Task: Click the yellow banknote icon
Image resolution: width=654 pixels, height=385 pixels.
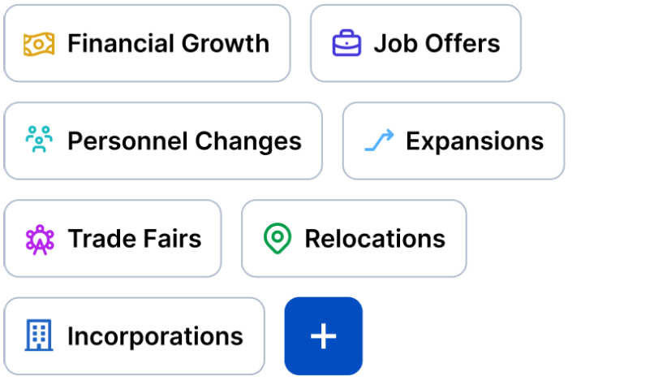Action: tap(38, 44)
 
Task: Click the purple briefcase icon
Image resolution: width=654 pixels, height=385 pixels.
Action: tap(346, 44)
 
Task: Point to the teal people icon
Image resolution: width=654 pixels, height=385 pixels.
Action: tap(38, 141)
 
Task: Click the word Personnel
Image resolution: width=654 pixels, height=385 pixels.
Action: tap(124, 141)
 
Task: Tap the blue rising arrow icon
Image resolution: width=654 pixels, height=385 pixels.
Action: tap(378, 141)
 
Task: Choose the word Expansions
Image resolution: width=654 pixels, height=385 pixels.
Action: tap(475, 141)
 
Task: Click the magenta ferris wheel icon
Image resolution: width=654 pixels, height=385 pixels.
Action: tap(39, 239)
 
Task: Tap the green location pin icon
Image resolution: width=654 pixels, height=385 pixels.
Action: tap(278, 239)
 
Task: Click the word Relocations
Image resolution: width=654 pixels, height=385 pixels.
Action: tap(375, 239)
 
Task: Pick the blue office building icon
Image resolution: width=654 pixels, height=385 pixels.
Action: tap(38, 335)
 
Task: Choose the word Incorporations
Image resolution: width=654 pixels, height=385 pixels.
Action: tap(155, 336)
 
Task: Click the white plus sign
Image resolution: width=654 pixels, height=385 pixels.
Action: tap(323, 336)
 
